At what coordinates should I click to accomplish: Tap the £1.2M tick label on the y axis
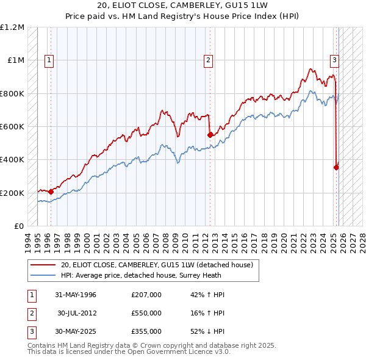point(12,27)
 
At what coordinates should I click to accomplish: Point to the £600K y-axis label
point(12,127)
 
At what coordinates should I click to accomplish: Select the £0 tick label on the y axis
point(20,226)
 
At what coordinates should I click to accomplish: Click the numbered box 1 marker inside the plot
point(49,60)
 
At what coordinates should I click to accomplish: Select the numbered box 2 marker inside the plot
point(209,60)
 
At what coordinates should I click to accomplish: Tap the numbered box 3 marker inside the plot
point(335,60)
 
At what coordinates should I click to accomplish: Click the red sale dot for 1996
point(51,192)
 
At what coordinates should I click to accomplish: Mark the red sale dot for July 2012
point(210,135)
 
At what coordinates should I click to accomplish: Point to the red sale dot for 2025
point(336,167)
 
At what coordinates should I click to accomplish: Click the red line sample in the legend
point(43,265)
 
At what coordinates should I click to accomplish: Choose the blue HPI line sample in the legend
point(43,275)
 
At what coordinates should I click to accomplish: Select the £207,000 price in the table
point(146,295)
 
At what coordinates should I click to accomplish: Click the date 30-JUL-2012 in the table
point(77,313)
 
